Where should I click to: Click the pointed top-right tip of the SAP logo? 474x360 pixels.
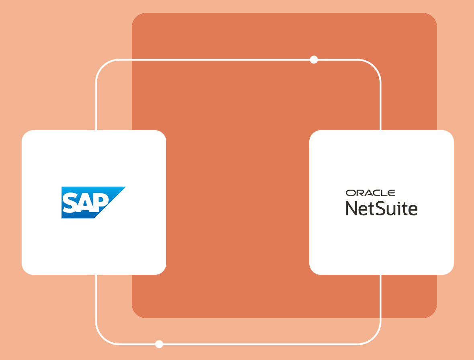click(x=125, y=187)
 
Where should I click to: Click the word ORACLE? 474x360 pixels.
click(x=370, y=193)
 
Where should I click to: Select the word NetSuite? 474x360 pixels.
click(x=381, y=208)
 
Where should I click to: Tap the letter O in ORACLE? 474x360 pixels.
click(x=351, y=193)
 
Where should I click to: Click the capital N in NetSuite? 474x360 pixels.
click(x=351, y=208)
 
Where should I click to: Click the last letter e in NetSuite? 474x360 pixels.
click(x=413, y=210)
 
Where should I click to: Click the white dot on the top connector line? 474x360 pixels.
click(x=314, y=59)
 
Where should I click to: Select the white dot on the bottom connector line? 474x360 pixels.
click(x=159, y=344)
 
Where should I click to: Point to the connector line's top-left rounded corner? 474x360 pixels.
click(x=103, y=66)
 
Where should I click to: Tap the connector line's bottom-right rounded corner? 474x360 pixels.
click(x=374, y=337)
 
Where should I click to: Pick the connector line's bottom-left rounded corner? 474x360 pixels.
click(x=103, y=337)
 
